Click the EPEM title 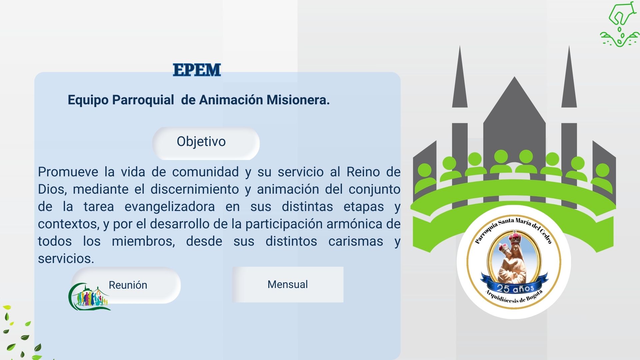(197, 70)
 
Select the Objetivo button (206, 143)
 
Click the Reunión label (128, 285)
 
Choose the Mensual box (288, 284)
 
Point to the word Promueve (68, 172)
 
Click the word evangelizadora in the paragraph (170, 207)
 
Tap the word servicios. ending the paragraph (66, 259)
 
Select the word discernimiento (195, 189)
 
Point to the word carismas (356, 241)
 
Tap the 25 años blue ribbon (515, 287)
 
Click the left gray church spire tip (460, 50)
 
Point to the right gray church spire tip (569, 50)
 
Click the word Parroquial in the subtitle (143, 100)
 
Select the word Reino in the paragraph (363, 172)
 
